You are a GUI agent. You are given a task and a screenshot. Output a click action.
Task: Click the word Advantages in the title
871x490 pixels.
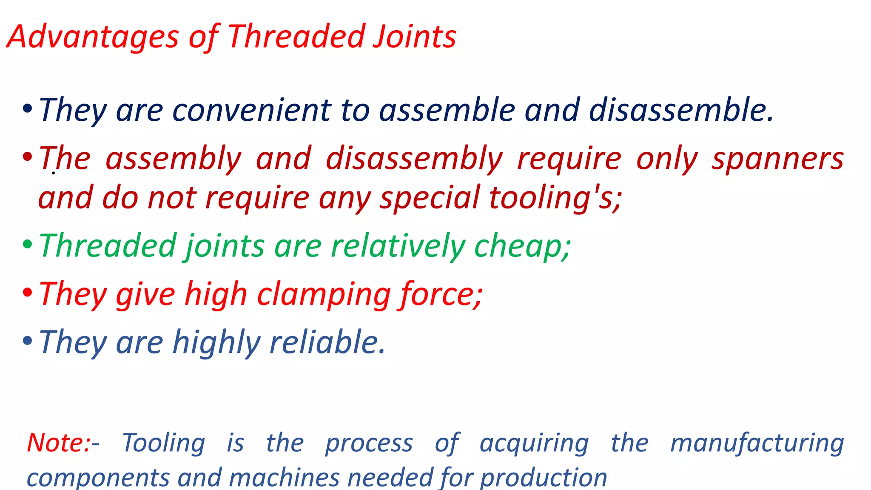93,37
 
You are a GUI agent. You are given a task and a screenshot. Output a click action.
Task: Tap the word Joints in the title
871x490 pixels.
414,37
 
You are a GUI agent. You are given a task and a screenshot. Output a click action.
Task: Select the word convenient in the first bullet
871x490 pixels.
251,111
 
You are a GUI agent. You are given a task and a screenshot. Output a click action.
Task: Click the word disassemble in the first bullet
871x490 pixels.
680,111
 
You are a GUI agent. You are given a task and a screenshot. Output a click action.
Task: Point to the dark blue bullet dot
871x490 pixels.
27,109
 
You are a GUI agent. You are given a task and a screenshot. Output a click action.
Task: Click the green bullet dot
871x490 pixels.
27,245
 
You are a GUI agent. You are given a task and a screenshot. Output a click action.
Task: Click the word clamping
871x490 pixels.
324,295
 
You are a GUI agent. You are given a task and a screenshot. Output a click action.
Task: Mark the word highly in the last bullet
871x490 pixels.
216,343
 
